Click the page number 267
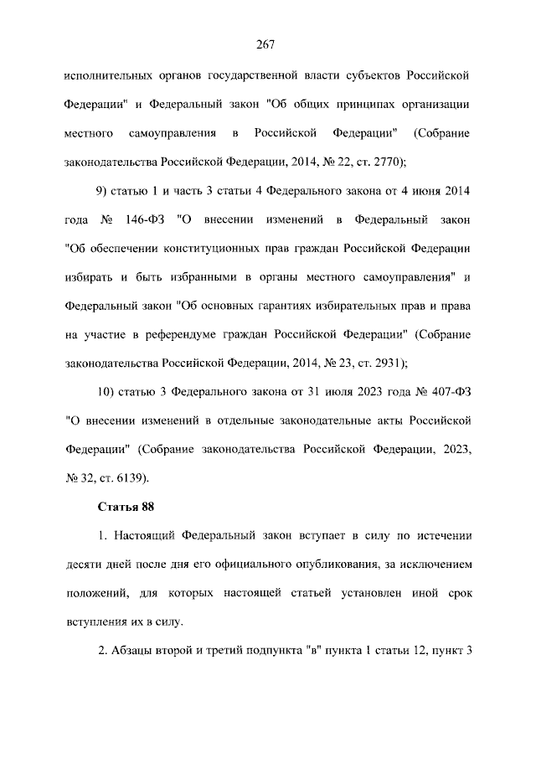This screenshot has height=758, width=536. click(x=267, y=44)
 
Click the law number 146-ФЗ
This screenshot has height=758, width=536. click(x=145, y=220)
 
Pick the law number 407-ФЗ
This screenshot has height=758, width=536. click(x=451, y=392)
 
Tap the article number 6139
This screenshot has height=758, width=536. click(x=129, y=478)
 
